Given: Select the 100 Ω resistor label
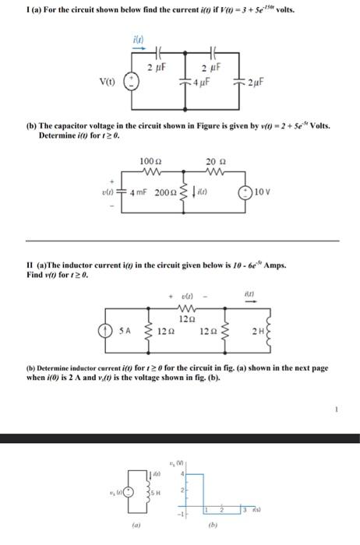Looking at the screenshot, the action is click(x=149, y=160).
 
